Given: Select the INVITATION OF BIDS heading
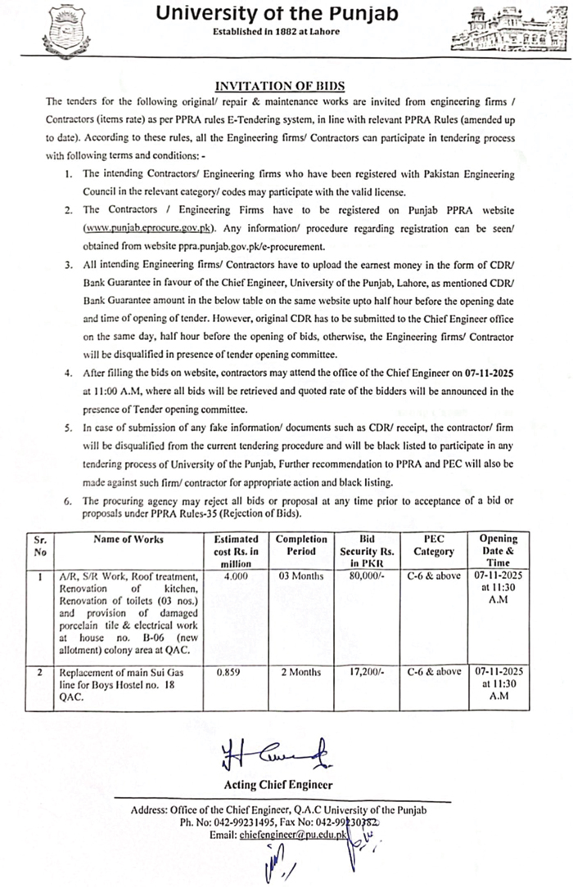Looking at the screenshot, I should click(x=280, y=85).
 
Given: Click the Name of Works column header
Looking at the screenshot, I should click(x=128, y=540).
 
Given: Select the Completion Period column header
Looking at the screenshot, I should click(x=301, y=545).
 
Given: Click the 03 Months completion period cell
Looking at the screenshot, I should click(x=300, y=576).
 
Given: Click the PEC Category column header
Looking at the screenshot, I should click(x=434, y=545).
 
